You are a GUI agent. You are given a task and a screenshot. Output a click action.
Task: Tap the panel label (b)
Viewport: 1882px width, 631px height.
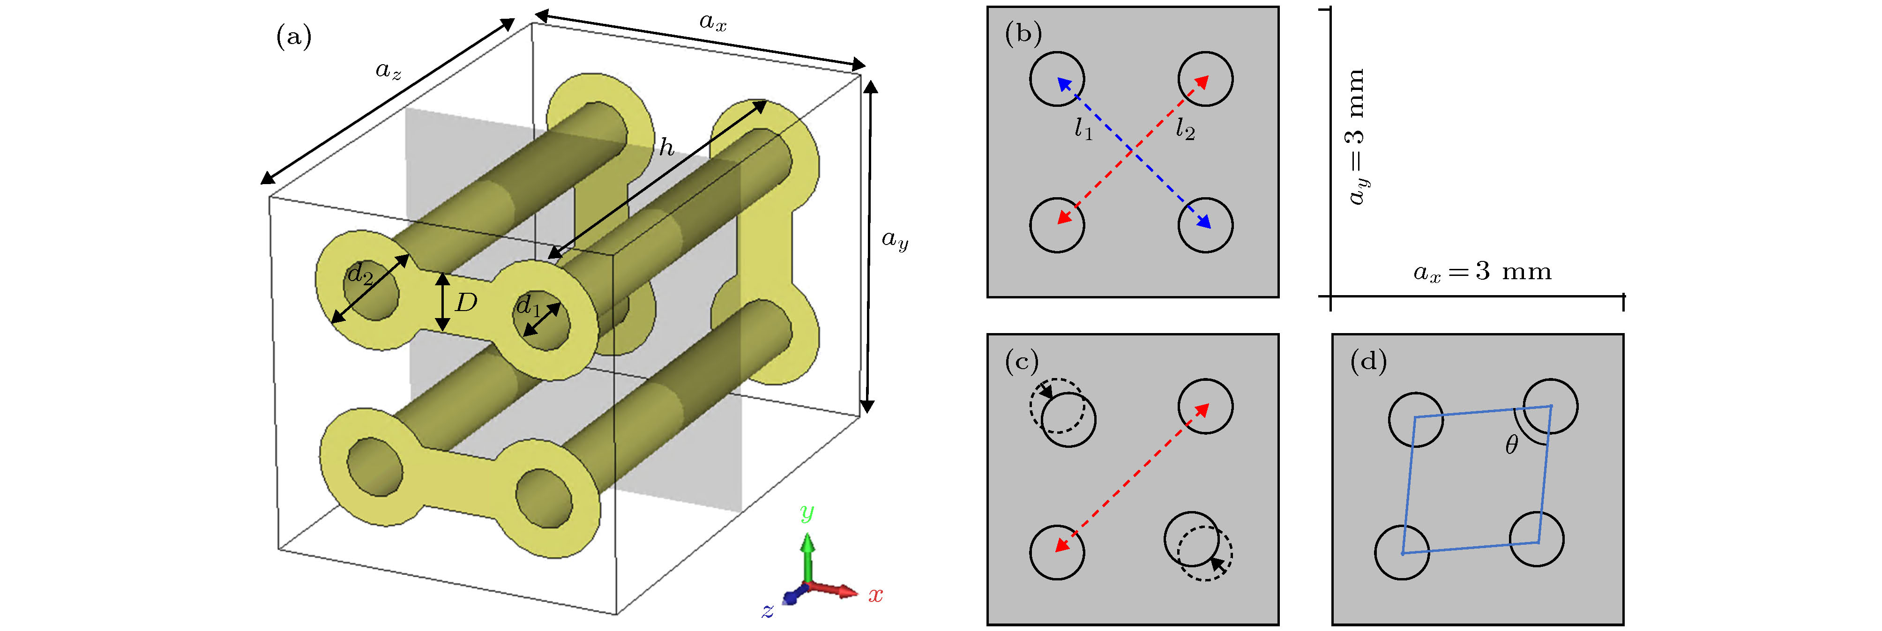pos(1023,34)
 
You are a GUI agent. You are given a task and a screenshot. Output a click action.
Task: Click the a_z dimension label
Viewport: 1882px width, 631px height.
pos(388,71)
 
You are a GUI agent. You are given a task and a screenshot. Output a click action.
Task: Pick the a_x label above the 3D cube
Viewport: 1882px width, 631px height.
pos(712,22)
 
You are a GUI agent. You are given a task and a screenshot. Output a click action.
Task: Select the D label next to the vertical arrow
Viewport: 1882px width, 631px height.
pos(465,302)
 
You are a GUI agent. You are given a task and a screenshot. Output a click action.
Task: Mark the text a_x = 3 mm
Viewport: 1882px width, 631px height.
pos(1482,272)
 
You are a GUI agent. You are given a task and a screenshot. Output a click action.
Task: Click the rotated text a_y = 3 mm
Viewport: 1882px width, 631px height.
pos(1356,137)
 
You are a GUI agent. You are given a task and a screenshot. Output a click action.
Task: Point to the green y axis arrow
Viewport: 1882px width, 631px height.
pos(807,555)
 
